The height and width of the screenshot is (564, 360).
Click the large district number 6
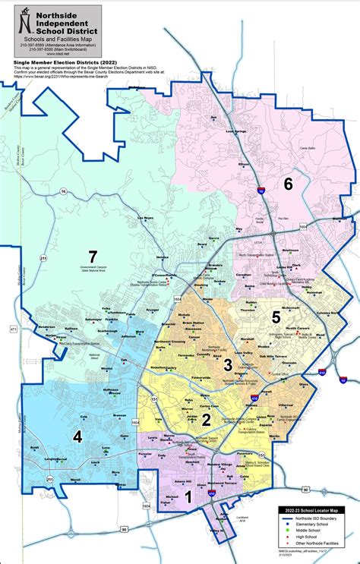(288, 183)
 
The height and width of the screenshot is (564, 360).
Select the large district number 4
(77, 436)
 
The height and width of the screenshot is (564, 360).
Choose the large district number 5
(276, 316)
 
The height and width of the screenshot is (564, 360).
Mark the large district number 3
(227, 366)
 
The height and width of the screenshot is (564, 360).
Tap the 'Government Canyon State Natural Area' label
(93, 269)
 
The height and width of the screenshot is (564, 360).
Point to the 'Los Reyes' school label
(144, 219)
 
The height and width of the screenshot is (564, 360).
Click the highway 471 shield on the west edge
(13, 329)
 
